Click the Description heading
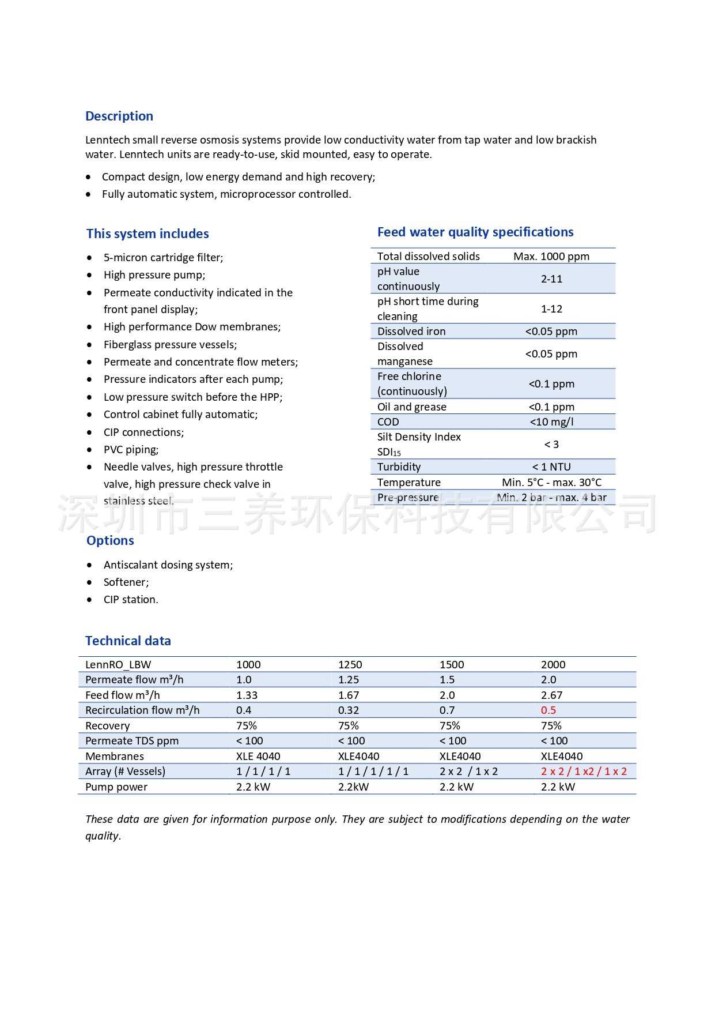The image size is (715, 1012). (x=119, y=116)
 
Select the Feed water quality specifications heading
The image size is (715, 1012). (x=475, y=232)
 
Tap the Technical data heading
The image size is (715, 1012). (x=128, y=641)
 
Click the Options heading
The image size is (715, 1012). (x=110, y=540)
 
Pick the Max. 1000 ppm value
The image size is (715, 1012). (x=551, y=256)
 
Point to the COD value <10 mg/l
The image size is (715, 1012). (x=551, y=422)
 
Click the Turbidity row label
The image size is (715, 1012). (x=399, y=467)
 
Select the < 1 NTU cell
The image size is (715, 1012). (x=551, y=467)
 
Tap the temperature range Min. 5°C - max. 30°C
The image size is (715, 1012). (x=551, y=482)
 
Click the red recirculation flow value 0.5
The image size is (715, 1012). (x=548, y=710)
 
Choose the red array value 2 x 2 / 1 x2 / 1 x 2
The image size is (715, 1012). (x=584, y=771)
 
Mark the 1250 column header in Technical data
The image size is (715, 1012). (x=350, y=664)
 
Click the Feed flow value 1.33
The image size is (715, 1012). (x=247, y=695)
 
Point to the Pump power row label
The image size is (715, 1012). (x=116, y=787)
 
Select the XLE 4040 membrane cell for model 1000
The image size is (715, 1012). (x=258, y=756)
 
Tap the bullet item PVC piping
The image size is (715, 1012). (x=131, y=449)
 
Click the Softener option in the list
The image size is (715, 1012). (x=126, y=582)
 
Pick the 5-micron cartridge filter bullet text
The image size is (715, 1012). (x=163, y=257)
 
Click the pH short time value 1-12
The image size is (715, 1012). (x=551, y=309)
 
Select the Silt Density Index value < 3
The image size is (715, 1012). (x=551, y=444)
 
